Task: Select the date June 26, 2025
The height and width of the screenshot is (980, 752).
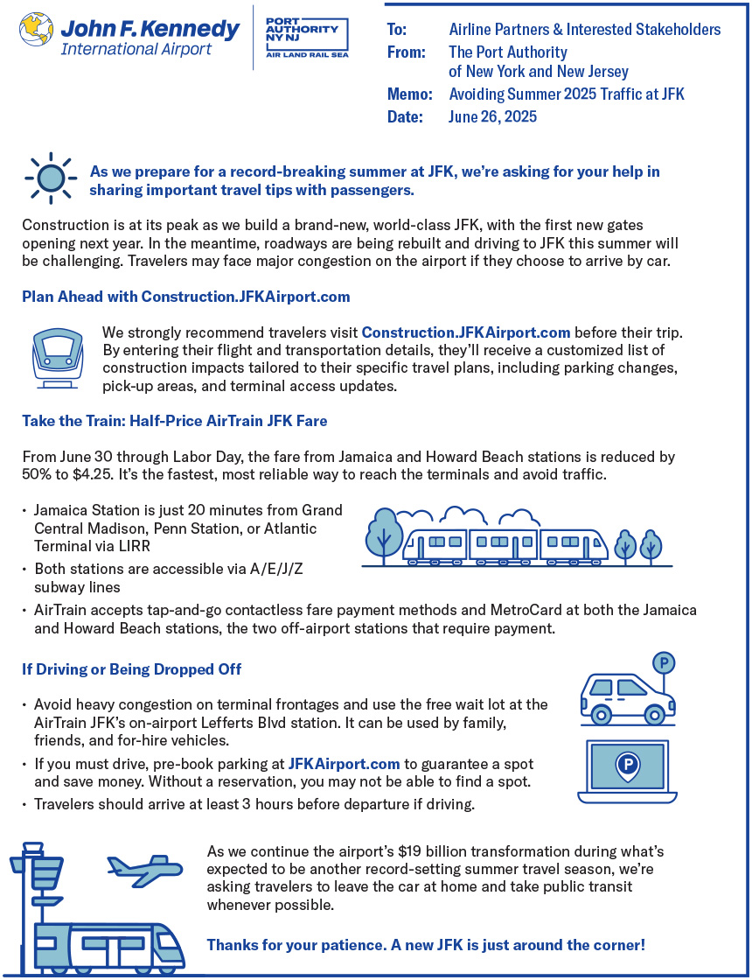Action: [492, 116]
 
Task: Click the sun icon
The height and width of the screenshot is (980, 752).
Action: [52, 178]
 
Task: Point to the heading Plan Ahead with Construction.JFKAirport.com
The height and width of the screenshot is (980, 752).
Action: [185, 297]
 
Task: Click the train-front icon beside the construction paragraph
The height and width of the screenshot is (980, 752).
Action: [58, 358]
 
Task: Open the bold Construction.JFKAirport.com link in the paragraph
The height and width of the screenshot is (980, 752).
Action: [466, 332]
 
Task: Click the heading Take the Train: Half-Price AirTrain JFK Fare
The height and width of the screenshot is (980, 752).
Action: [174, 421]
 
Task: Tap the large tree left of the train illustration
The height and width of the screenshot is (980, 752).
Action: [385, 534]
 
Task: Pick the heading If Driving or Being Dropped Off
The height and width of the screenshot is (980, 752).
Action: [131, 669]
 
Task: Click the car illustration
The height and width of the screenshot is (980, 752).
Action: [626, 697]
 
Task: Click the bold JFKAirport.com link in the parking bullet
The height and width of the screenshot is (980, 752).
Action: [345, 764]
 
